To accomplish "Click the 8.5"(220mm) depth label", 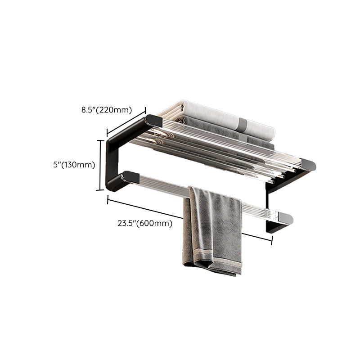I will point(106,109).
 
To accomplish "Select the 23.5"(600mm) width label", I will point(146,223).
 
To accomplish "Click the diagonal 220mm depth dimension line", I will point(126,121).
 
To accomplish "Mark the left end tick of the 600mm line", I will point(108,199).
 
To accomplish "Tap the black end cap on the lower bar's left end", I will point(128,176).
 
